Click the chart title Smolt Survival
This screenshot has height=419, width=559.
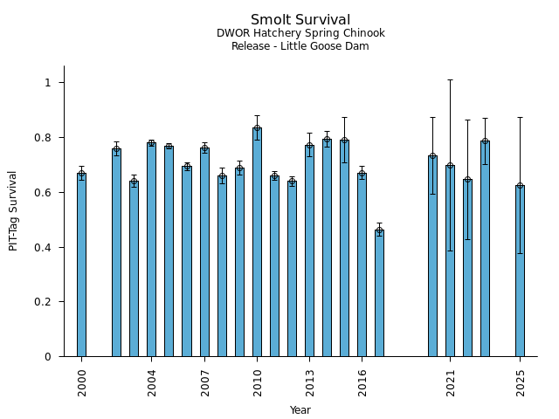coord(300,20)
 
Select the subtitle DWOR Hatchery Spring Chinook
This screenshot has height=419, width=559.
coord(300,34)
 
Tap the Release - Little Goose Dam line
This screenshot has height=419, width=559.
coord(300,46)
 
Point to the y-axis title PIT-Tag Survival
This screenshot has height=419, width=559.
coord(14,210)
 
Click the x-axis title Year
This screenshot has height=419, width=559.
coord(300,410)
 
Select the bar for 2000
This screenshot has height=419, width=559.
coord(81,265)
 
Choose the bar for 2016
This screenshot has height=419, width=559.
coord(362,265)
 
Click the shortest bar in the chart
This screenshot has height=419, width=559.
coord(379,293)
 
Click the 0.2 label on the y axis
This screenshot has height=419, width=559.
coord(47,302)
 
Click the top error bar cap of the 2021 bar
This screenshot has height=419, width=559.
coord(450,79)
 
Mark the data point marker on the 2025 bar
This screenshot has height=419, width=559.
coord(520,186)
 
